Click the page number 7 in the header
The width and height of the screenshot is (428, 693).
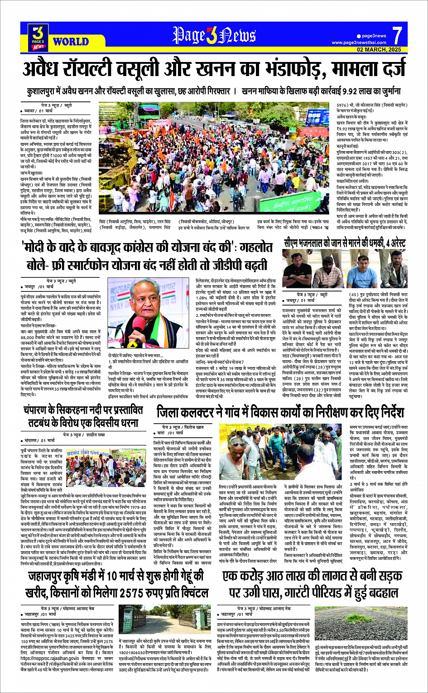(397, 35)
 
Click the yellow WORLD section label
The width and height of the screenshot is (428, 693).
(71, 42)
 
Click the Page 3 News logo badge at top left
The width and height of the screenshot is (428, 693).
(38, 37)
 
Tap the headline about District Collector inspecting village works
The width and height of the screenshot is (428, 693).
(280, 412)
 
